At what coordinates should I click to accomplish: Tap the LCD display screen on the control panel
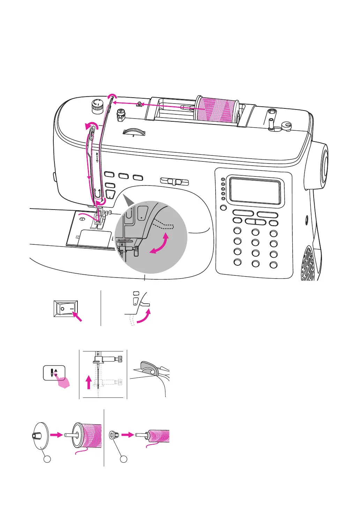[x=255, y=191]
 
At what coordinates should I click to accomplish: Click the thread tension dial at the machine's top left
[x=97, y=106]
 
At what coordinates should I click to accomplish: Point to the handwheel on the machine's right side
[x=323, y=162]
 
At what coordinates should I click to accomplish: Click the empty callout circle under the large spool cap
[x=47, y=459]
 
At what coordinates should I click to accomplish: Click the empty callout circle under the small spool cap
[x=123, y=459]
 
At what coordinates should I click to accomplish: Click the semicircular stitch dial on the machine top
[x=134, y=132]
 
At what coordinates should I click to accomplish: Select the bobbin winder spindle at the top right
[x=271, y=121]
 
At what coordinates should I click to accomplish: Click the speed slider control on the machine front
[x=174, y=182]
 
